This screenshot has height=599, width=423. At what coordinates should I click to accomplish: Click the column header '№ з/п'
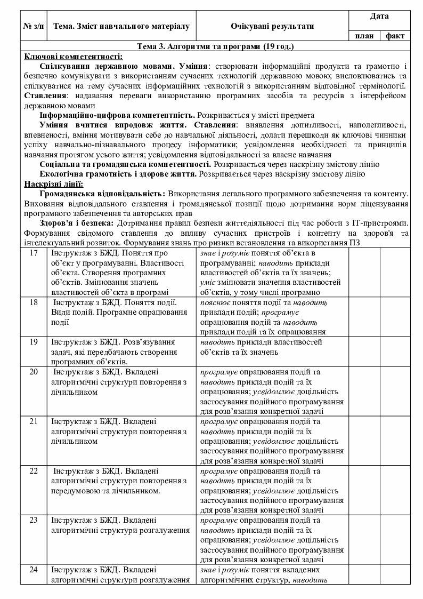34,26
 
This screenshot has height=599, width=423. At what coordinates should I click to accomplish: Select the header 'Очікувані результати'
272,26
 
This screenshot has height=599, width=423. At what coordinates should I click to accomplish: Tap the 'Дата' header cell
379,16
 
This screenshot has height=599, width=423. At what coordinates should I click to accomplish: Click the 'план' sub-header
364,36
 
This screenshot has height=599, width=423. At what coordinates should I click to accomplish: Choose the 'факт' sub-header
395,36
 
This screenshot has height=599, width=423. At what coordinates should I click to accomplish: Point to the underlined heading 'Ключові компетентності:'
74,56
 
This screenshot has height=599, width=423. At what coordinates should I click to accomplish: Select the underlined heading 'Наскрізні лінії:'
54,184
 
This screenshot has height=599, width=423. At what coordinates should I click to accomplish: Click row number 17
34,253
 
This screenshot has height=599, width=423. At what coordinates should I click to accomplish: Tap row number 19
34,341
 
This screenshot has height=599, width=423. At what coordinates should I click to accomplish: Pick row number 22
34,471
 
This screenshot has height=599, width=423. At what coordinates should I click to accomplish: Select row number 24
34,570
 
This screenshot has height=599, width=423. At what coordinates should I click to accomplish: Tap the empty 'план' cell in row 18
364,316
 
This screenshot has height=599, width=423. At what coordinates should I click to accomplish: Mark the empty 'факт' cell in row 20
395,390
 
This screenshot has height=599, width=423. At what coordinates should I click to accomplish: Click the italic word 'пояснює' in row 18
214,302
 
